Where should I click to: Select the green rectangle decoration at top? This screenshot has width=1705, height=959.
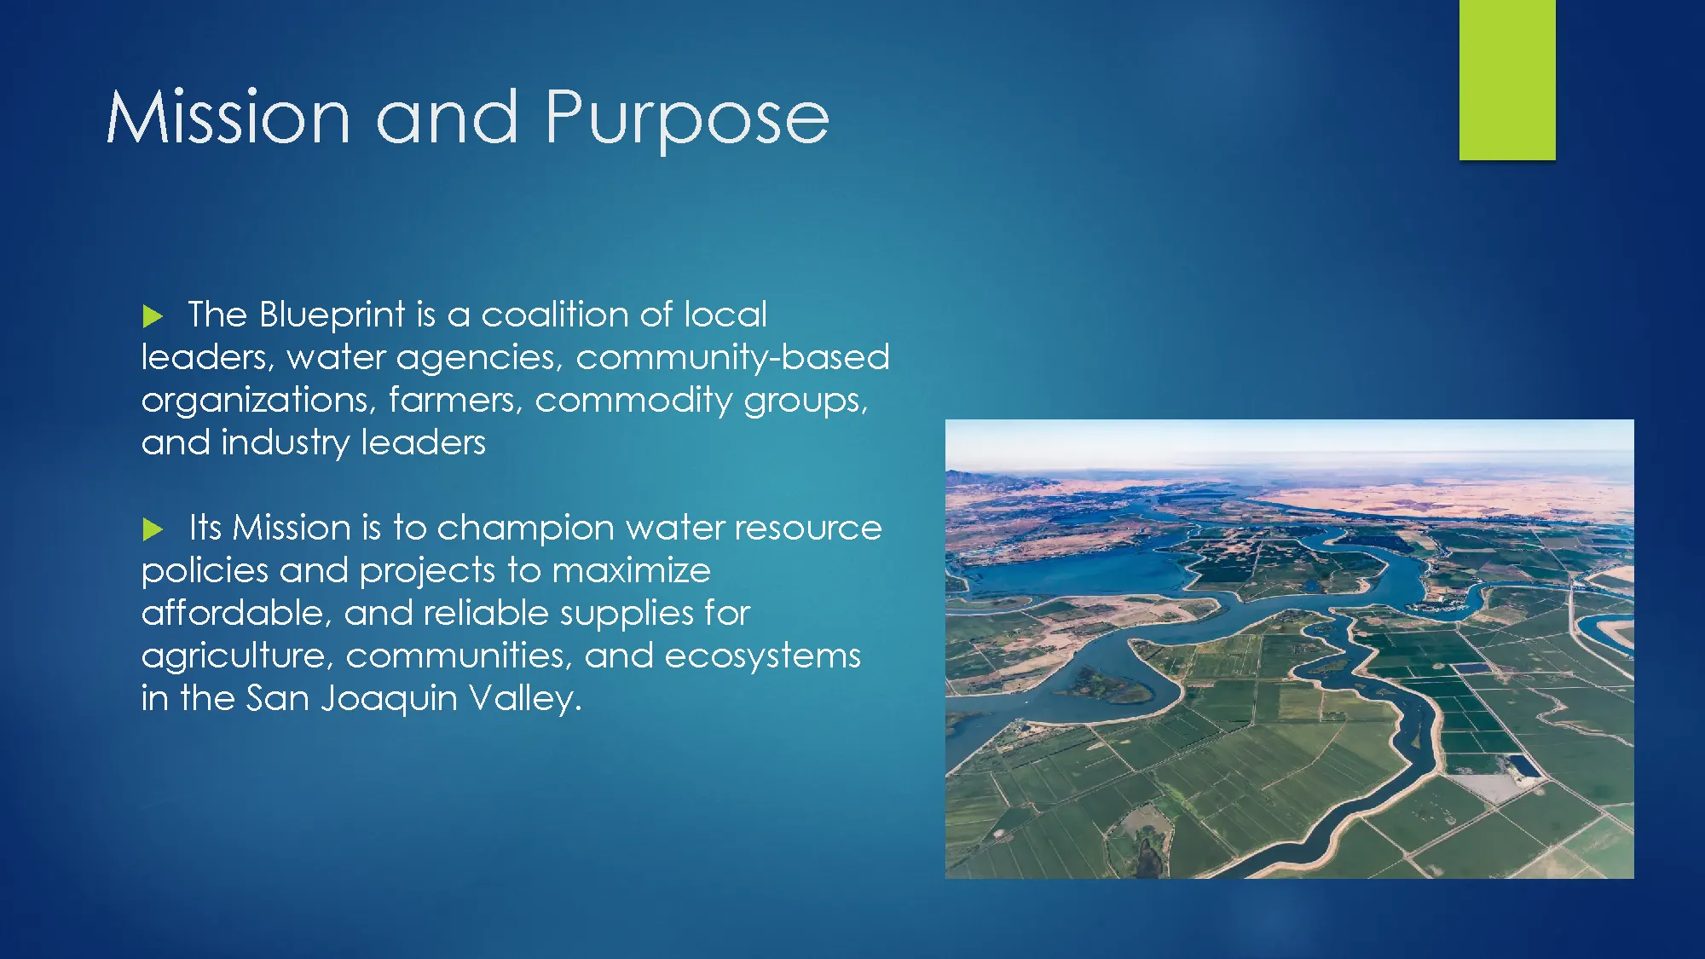(x=1507, y=79)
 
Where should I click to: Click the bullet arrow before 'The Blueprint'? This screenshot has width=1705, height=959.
(x=153, y=316)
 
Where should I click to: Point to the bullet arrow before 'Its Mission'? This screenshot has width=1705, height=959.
(x=153, y=529)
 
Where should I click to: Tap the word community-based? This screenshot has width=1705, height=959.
(x=732, y=358)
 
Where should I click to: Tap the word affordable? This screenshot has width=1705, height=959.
(x=236, y=613)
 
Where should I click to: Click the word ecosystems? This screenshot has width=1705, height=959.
(x=762, y=656)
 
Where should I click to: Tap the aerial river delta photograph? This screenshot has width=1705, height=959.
(x=1289, y=649)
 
